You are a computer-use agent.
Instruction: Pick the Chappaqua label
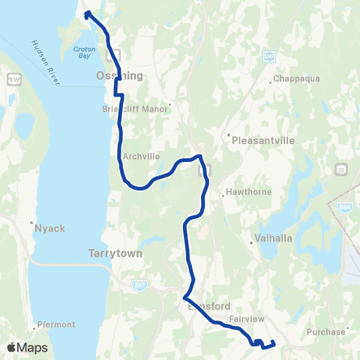point(291,79)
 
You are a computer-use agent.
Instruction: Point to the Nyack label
point(43,224)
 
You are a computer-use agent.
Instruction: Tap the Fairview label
point(246,319)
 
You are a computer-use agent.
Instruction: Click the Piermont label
point(55,325)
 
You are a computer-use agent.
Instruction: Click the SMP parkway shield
point(269,55)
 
